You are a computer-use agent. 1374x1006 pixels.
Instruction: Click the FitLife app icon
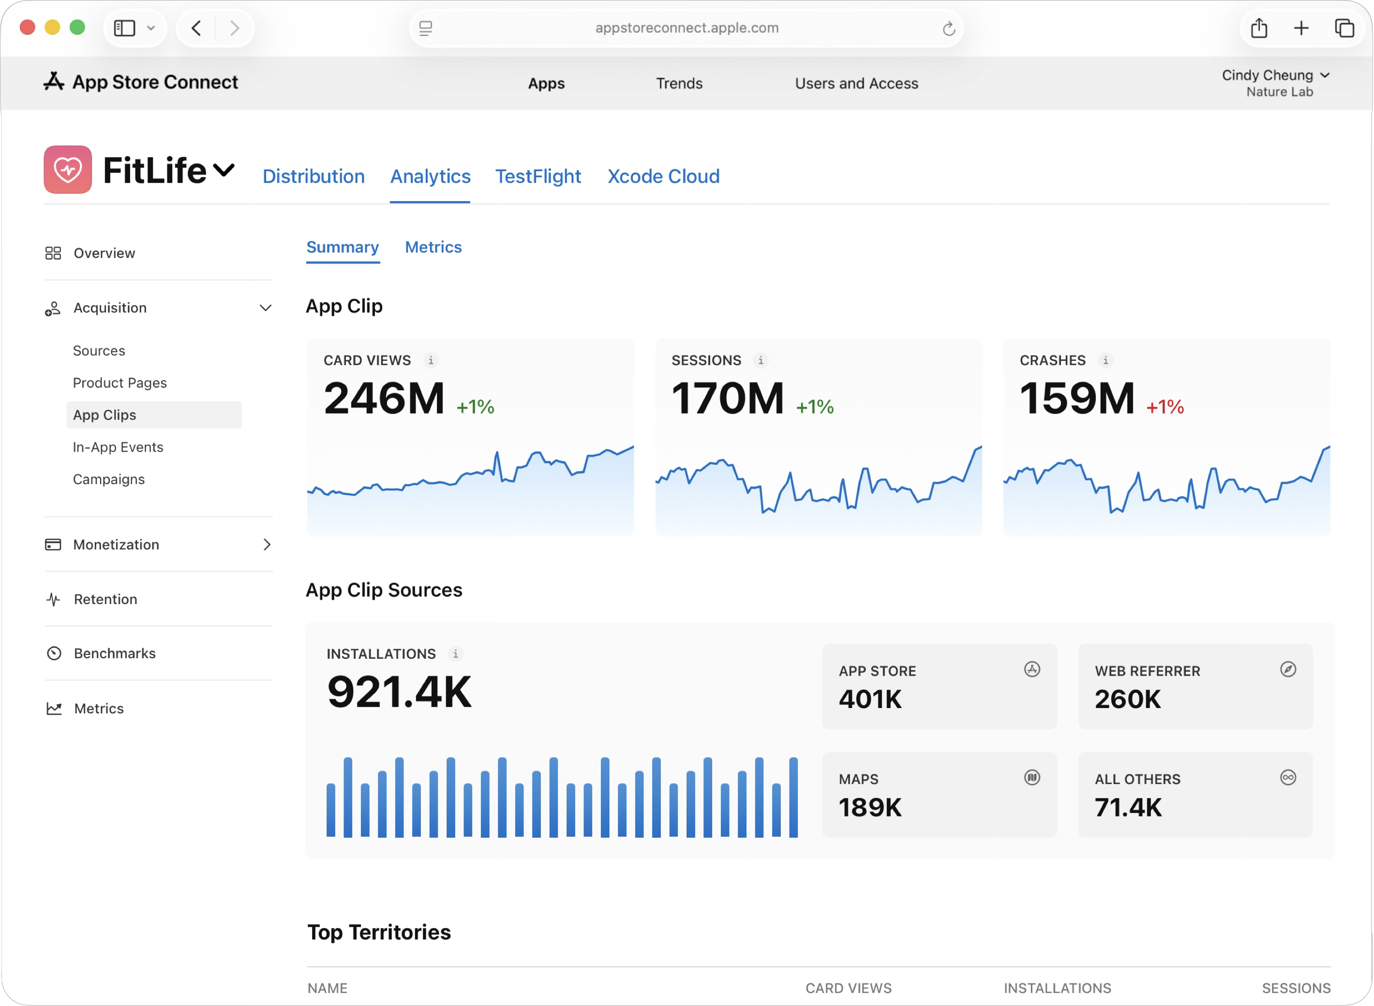[68, 169]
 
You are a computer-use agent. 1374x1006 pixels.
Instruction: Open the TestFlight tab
[538, 177]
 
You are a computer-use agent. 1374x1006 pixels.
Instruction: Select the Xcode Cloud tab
[663, 177]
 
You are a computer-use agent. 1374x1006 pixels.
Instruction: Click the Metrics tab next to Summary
[433, 247]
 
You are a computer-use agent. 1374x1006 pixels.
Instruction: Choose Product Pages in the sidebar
[119, 383]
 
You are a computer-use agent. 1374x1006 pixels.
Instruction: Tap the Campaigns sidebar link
[108, 479]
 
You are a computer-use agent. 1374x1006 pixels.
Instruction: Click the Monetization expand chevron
[266, 545]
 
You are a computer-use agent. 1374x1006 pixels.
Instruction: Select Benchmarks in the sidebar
[115, 653]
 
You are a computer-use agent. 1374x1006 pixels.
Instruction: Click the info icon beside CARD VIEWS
[431, 360]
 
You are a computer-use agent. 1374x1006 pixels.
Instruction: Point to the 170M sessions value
[727, 399]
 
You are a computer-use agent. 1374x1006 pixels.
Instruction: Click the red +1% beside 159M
[1165, 407]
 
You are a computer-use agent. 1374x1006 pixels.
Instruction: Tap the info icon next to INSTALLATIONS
[455, 654]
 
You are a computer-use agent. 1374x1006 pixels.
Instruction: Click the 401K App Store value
[870, 699]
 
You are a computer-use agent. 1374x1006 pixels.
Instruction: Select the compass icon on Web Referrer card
[1287, 669]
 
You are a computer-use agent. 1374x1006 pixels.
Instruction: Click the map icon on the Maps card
[1032, 778]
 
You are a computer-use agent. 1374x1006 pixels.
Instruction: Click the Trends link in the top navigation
[679, 83]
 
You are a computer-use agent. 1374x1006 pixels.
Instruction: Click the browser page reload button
[948, 29]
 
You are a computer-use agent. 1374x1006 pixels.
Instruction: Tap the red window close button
[28, 28]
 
